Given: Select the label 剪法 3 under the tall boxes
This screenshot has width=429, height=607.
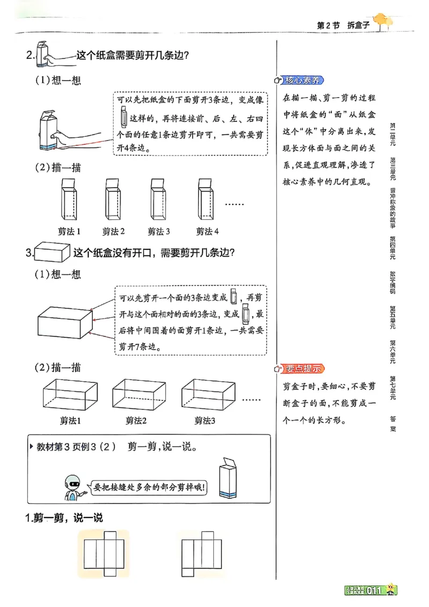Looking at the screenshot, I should pyautogui.click(x=159, y=231).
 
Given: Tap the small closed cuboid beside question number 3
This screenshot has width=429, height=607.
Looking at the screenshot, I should pyautogui.click(x=52, y=252).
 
